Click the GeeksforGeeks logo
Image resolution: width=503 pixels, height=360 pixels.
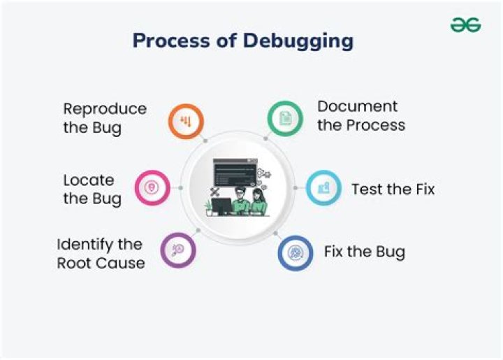pyautogui.click(x=465, y=25)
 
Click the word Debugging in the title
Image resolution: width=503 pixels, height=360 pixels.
pyautogui.click(x=298, y=41)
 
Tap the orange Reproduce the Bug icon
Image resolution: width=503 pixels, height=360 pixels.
pyautogui.click(x=186, y=122)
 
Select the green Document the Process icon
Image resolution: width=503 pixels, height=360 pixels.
pyautogui.click(x=285, y=119)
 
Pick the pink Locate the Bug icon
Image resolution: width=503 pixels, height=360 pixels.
pyautogui.click(x=152, y=187)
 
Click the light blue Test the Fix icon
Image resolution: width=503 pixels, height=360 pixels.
pyautogui.click(x=323, y=187)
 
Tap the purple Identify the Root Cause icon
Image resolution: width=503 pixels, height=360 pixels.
pyautogui.click(x=178, y=250)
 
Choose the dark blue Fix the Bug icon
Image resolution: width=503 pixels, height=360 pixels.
pyautogui.click(x=296, y=252)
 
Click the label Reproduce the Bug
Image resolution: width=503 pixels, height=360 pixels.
pyautogui.click(x=105, y=118)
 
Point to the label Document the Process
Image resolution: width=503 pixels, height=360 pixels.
pyautogui.click(x=360, y=116)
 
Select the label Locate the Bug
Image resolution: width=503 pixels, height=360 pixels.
pyautogui.click(x=92, y=189)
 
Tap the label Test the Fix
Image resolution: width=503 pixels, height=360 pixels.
pyautogui.click(x=393, y=189)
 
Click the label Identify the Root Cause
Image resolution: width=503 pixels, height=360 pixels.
pyautogui.click(x=101, y=254)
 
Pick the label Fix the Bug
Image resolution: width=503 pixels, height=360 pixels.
pyautogui.click(x=364, y=252)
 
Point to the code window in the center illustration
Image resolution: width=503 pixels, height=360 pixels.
pyautogui.click(x=235, y=172)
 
